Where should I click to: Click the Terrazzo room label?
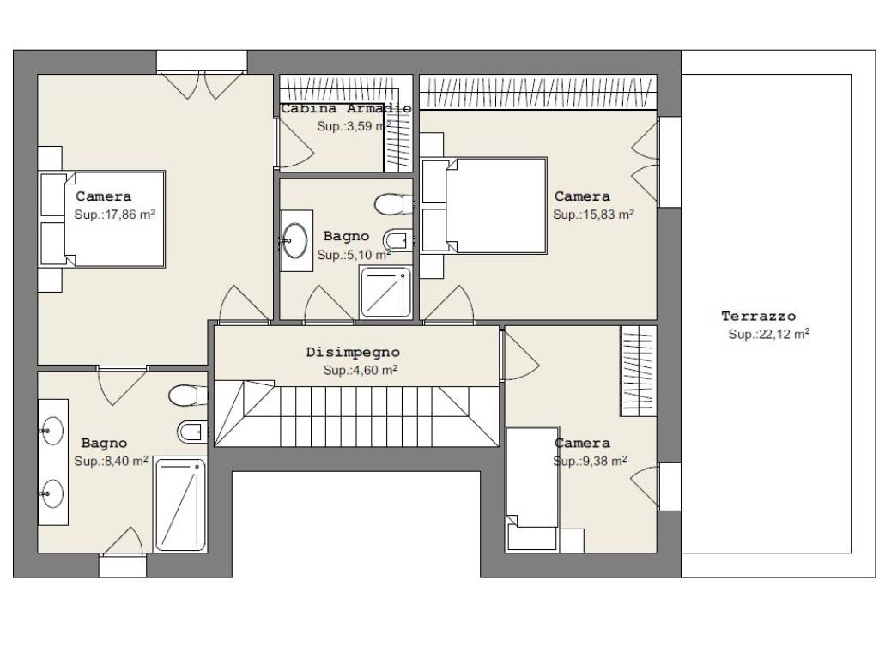758,317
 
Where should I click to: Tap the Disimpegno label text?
353,353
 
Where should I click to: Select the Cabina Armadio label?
346,108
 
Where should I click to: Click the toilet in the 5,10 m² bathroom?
393,204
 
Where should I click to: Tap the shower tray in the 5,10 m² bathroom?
385,292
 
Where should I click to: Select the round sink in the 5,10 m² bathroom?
295,240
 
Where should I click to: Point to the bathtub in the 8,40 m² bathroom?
180,505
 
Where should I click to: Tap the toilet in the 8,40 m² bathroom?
188,395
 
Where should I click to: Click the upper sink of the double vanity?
52,431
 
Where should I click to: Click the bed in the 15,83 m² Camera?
484,206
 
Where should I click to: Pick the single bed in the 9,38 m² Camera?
532,488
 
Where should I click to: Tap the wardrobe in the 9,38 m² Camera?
638,371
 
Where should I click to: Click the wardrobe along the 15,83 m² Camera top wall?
538,93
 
